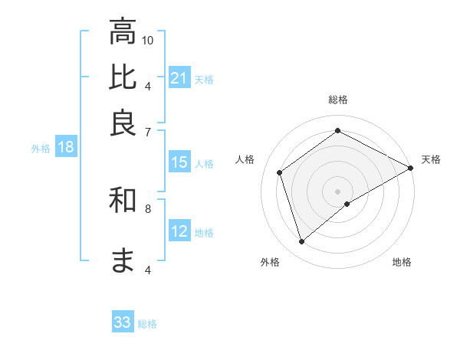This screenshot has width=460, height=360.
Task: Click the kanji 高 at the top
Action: click(x=123, y=32)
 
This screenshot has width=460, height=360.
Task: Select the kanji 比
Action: click(x=123, y=77)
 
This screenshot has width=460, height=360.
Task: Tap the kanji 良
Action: click(x=123, y=123)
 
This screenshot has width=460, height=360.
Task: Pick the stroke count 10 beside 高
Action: click(x=148, y=40)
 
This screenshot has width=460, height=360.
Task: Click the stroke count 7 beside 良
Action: click(x=148, y=131)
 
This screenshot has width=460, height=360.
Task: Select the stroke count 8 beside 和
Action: click(x=148, y=208)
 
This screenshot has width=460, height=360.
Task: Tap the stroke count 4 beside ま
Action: click(x=148, y=270)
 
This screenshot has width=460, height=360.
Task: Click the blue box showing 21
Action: click(x=179, y=78)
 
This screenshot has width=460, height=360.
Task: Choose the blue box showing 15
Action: click(x=179, y=162)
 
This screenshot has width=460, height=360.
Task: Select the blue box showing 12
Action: click(x=179, y=231)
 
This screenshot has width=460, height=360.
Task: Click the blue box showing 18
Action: click(x=66, y=148)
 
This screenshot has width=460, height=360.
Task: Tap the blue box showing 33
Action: click(x=123, y=322)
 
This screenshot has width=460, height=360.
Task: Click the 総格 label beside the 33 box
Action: click(x=147, y=324)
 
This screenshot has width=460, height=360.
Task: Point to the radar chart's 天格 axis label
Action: click(x=431, y=159)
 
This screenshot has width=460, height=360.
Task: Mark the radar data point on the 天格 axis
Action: click(x=411, y=167)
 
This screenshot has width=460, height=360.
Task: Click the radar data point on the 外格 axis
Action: click(x=302, y=242)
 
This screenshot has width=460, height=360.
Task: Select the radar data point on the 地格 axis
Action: click(x=347, y=204)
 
